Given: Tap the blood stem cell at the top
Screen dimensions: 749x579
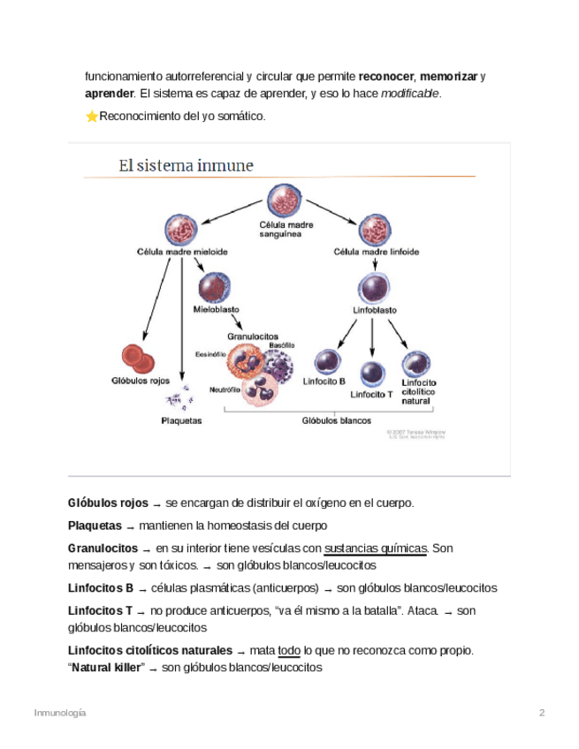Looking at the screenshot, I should point(285,201).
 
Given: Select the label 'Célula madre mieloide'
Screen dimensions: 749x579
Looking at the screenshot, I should point(182,252).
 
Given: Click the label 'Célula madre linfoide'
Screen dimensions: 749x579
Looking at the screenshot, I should point(376,252).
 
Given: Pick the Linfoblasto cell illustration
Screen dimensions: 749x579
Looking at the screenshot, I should point(374,288).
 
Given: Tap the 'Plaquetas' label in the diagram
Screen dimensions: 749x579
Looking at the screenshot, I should point(181,420).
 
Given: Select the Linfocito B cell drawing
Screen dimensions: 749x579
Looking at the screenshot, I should point(328,362).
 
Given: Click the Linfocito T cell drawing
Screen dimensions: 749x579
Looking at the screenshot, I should point(372,374).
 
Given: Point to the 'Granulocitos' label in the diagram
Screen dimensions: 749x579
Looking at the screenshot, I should point(253,337).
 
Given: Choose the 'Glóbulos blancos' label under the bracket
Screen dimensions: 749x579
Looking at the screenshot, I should point(337,420).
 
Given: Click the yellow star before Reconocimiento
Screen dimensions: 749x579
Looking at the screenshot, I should point(91,117).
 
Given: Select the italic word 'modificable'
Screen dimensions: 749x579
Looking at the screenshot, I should point(410,94).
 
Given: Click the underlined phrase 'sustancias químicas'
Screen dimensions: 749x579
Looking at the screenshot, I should point(376,549).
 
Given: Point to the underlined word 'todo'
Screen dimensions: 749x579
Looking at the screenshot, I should point(289,651).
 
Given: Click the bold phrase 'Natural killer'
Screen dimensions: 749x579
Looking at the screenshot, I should point(107,669).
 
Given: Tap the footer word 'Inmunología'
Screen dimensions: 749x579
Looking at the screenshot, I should point(60,713).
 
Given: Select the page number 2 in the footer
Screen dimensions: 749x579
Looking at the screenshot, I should point(542,713).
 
